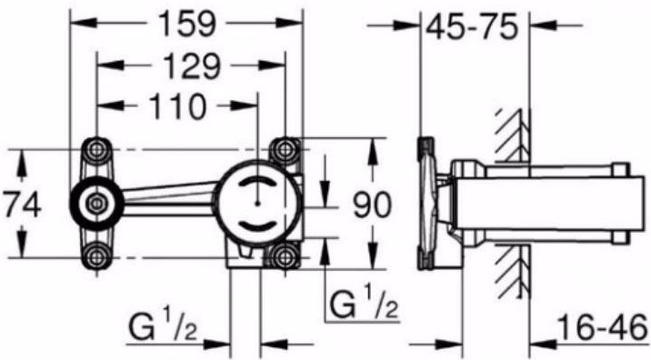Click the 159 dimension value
click(187, 24)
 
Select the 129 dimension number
click(191, 66)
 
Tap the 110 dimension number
click(177, 106)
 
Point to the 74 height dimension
click(23, 204)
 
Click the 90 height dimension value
click(372, 205)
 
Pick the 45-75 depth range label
click(473, 27)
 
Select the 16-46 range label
click(603, 326)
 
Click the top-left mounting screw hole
click(96, 149)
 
